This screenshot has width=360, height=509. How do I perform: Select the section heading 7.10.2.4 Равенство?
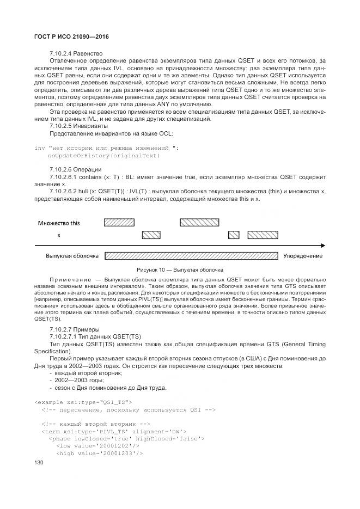76,54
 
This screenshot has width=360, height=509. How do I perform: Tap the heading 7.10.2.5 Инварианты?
78,126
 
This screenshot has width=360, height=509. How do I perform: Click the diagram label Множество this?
59,223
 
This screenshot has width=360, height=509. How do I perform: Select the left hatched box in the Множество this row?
120,222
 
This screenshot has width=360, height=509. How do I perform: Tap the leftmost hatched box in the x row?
151,235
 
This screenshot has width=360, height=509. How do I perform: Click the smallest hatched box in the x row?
234,235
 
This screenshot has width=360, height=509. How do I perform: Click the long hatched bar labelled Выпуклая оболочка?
191,256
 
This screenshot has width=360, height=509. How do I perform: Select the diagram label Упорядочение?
302,256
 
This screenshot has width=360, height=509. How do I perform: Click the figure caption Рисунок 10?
180,270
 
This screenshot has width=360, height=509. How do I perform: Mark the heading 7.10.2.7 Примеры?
75,329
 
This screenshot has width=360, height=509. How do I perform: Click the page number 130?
39,463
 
